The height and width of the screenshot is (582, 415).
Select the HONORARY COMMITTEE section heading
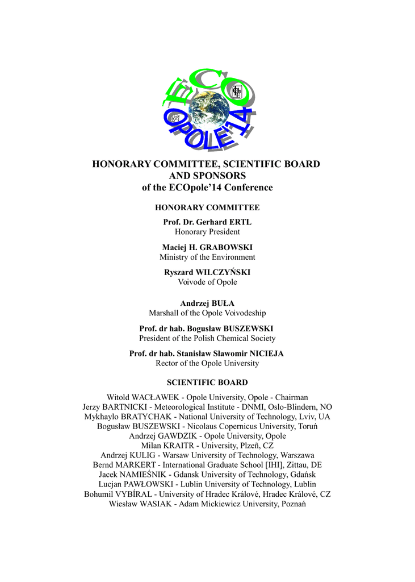207,208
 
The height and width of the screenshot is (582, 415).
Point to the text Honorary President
207,232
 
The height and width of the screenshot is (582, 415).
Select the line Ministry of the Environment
207,257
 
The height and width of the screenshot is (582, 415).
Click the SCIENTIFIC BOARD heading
207,383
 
